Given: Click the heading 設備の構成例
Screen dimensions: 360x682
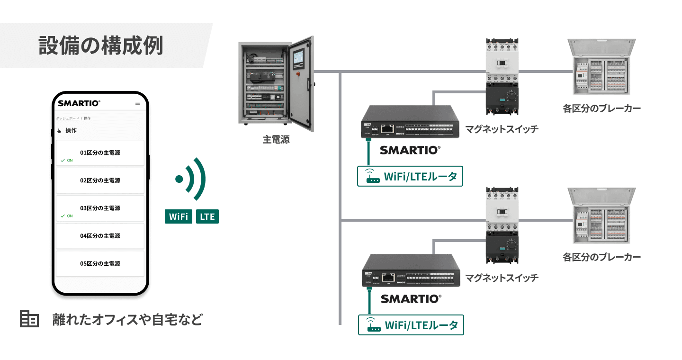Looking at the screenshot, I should tap(100, 45).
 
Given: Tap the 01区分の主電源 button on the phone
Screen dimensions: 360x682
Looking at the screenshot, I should tap(100, 153).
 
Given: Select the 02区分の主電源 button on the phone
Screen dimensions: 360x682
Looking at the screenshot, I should tap(100, 180).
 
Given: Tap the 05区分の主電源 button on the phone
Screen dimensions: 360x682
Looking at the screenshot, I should tap(100, 263).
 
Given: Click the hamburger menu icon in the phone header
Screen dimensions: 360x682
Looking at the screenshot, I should tap(138, 103).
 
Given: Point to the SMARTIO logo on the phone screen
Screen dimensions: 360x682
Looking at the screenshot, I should tap(79, 103).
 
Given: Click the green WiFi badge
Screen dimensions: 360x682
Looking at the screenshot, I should tap(179, 217).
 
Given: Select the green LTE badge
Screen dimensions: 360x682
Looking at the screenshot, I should tap(207, 217).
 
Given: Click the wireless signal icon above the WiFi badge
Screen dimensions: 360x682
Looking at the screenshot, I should tap(191, 179).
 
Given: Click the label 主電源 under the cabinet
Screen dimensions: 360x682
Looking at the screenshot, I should tap(276, 140).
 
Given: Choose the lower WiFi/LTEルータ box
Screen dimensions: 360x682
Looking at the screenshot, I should tap(411, 325).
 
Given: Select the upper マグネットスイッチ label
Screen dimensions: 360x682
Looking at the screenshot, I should tap(502, 129).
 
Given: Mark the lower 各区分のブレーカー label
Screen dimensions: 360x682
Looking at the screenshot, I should tap(601, 257).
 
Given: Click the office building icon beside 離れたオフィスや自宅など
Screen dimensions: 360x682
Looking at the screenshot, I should tap(29, 319).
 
